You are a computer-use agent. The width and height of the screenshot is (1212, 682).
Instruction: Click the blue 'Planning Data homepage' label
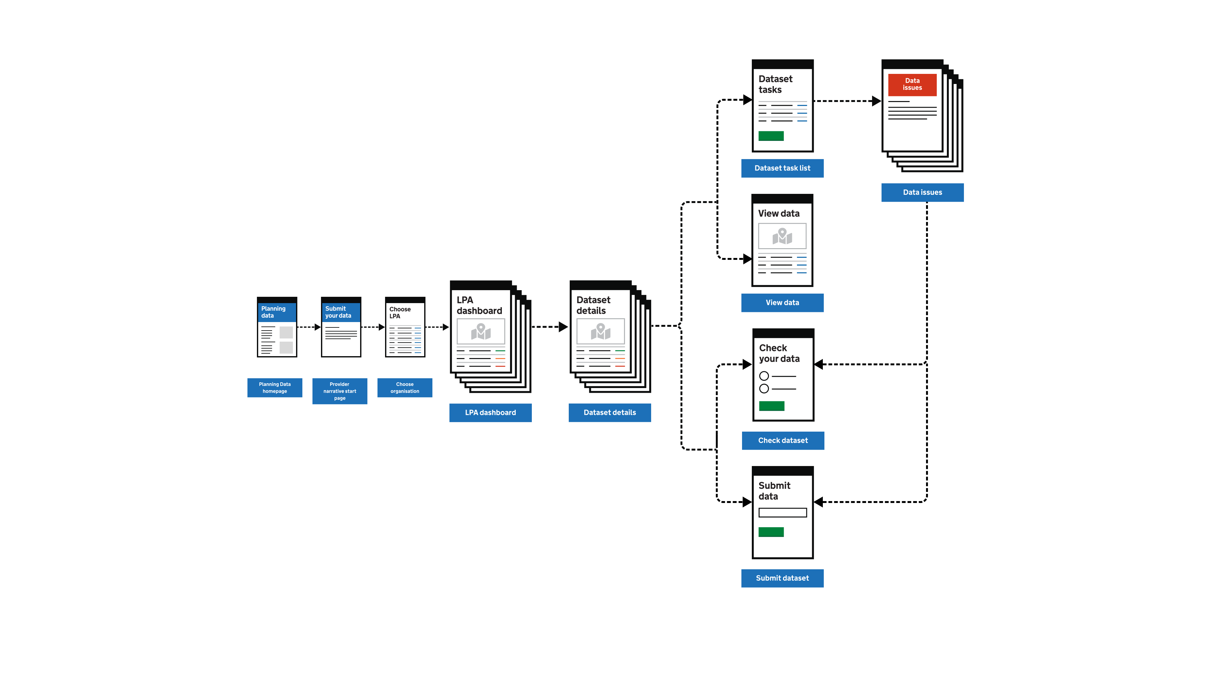click(275, 387)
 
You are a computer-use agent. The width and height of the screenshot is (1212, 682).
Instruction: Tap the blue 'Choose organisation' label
click(405, 387)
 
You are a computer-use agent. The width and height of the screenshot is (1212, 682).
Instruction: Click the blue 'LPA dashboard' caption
click(490, 412)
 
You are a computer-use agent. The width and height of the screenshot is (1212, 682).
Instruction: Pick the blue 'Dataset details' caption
click(610, 412)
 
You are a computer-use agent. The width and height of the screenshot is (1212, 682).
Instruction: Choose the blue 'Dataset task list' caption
click(782, 168)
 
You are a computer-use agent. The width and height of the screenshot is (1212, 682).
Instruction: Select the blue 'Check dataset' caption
click(783, 440)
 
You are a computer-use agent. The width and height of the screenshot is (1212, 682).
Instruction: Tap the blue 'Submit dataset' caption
click(782, 578)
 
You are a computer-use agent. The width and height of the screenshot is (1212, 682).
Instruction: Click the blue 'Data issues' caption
click(922, 192)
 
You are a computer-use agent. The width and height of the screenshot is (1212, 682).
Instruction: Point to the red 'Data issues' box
click(912, 84)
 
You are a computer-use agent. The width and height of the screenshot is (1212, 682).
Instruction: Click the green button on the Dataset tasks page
click(771, 136)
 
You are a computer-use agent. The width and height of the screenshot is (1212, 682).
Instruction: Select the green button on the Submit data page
click(771, 532)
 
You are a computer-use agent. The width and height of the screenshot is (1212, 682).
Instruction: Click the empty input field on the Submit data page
click(782, 512)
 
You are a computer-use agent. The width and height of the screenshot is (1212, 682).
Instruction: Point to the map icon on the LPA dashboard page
click(481, 331)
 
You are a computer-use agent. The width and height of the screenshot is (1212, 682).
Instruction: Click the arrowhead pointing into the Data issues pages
click(876, 101)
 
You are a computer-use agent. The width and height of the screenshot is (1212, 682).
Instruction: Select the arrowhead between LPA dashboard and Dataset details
click(563, 327)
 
